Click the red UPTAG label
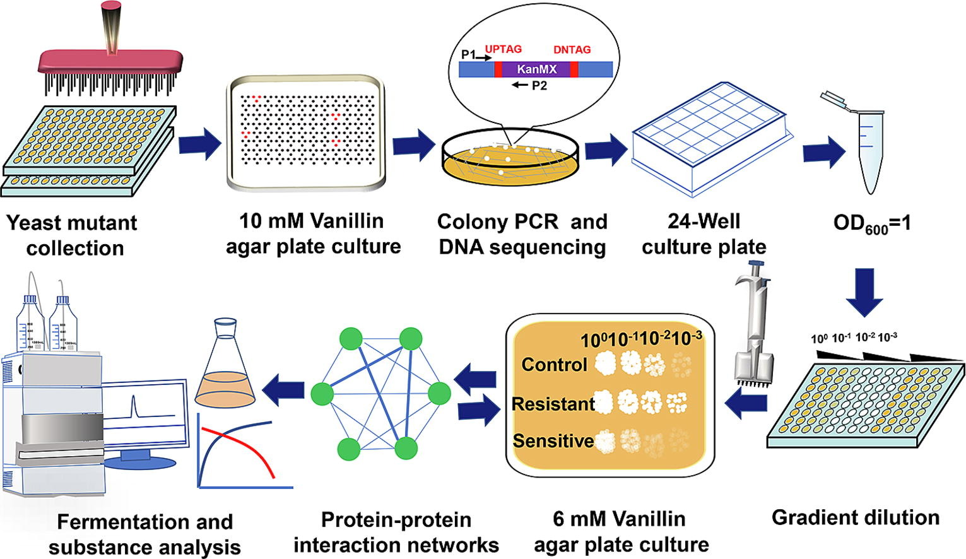pos(503,49)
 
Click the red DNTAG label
pos(572,50)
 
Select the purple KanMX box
pos(536,69)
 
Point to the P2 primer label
pos(538,86)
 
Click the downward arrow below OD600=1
pos(864,291)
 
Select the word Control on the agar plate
pos(554,365)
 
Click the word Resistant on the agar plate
pos(553,404)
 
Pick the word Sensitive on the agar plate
pos(553,440)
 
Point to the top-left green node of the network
pos(351,339)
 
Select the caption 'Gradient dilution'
pos(855,518)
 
